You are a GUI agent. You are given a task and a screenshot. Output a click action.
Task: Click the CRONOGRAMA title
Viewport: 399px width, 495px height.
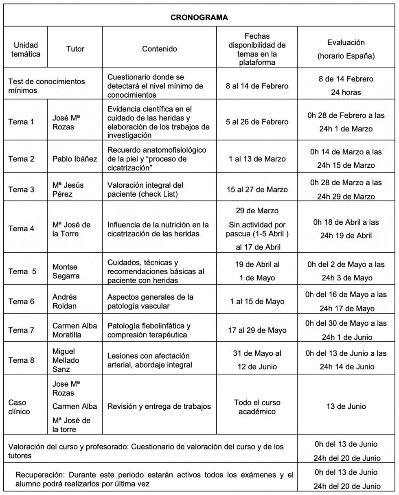click(199, 18)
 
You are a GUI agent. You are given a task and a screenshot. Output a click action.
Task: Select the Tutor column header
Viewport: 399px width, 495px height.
click(75, 49)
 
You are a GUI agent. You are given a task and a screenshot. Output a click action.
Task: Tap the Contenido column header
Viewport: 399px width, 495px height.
click(160, 49)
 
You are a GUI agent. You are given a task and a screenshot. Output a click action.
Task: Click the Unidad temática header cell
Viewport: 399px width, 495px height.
click(25, 49)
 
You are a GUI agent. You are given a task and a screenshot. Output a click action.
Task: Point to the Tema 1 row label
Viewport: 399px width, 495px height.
click(21, 122)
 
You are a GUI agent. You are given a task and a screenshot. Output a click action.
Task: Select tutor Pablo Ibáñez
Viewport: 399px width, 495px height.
click(75, 159)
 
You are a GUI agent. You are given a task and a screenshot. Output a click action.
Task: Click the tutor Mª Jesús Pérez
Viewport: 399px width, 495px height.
click(68, 189)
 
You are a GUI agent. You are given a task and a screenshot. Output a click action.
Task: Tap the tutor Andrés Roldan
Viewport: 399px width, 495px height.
click(65, 301)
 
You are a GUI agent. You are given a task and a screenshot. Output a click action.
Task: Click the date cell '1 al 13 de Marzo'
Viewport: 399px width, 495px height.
click(257, 159)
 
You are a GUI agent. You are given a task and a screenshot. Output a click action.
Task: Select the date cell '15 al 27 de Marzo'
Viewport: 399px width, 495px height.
click(257, 189)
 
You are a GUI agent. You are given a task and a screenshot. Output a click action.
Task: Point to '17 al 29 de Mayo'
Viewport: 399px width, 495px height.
click(257, 330)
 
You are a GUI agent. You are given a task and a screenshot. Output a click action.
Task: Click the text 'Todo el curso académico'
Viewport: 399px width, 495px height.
click(257, 407)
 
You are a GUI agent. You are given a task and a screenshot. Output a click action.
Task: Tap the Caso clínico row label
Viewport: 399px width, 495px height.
click(19, 407)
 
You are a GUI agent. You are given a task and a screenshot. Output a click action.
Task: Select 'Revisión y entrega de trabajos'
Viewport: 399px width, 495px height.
click(159, 406)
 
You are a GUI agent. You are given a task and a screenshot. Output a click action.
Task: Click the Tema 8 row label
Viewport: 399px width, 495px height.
click(21, 360)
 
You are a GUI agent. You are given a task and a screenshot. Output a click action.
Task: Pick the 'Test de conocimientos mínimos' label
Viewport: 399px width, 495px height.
click(46, 85)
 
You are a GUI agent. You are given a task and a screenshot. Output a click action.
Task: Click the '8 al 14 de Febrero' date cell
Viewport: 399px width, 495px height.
click(257, 86)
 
